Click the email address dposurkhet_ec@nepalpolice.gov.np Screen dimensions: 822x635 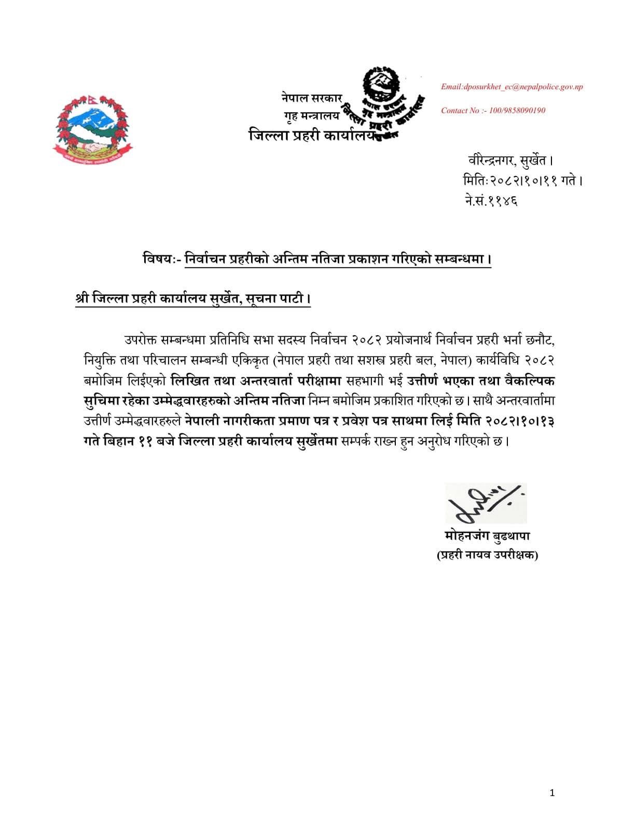pyautogui.click(x=512, y=87)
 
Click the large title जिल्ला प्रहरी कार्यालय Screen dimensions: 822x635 pyautogui.click(x=312, y=136)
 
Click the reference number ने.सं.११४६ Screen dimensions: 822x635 pyautogui.click(x=491, y=200)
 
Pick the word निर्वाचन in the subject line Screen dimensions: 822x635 pyautogui.click(x=204, y=258)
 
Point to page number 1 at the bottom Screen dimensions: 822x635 pyautogui.click(x=552, y=792)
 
